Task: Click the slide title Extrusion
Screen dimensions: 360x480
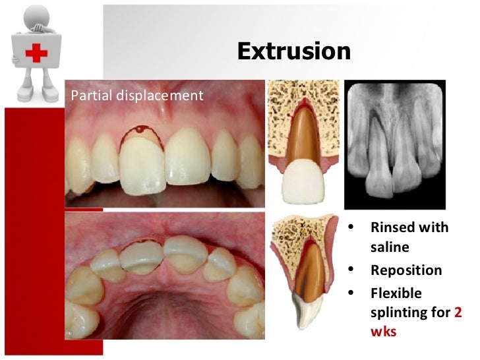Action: pyautogui.click(x=293, y=51)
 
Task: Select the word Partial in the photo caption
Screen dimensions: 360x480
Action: pyautogui.click(x=90, y=96)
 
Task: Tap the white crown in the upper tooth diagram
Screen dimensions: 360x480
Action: pyautogui.click(x=303, y=181)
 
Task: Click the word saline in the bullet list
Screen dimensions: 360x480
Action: pyautogui.click(x=390, y=247)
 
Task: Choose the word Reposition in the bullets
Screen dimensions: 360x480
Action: pyautogui.click(x=406, y=270)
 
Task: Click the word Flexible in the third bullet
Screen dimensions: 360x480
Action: pyautogui.click(x=396, y=293)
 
